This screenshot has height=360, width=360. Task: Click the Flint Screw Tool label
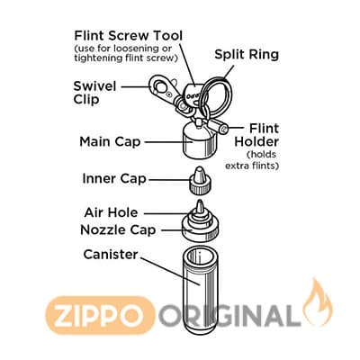[x=129, y=36]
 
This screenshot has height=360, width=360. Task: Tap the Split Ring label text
[x=247, y=55]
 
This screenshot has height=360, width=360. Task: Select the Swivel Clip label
[x=94, y=93]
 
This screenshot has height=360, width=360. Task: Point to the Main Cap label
[x=110, y=141]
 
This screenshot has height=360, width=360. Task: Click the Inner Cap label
[x=114, y=178]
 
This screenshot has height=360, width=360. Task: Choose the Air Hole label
[x=111, y=212]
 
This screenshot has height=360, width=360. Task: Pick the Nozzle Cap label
[x=118, y=230]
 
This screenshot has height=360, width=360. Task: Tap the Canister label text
[x=111, y=255]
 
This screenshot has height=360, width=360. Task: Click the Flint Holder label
[x=256, y=135]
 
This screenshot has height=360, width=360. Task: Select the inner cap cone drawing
[x=199, y=180]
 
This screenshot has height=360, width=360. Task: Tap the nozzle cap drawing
[x=200, y=224]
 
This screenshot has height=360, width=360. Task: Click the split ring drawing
[x=217, y=94]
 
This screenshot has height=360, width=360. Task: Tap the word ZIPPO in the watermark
[x=100, y=316]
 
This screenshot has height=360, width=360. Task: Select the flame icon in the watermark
[x=318, y=303]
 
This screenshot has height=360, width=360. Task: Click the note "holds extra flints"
[x=252, y=160]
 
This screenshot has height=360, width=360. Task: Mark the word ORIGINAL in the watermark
[x=229, y=316]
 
